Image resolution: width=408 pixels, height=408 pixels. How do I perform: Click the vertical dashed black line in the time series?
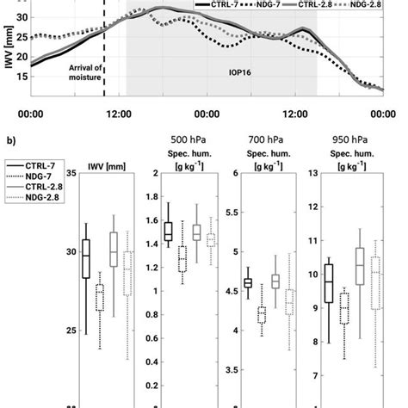tap(104, 52)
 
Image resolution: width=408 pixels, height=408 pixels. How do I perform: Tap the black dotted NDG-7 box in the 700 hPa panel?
tap(262, 315)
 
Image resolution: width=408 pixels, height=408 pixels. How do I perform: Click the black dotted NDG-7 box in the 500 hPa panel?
tap(182, 258)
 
